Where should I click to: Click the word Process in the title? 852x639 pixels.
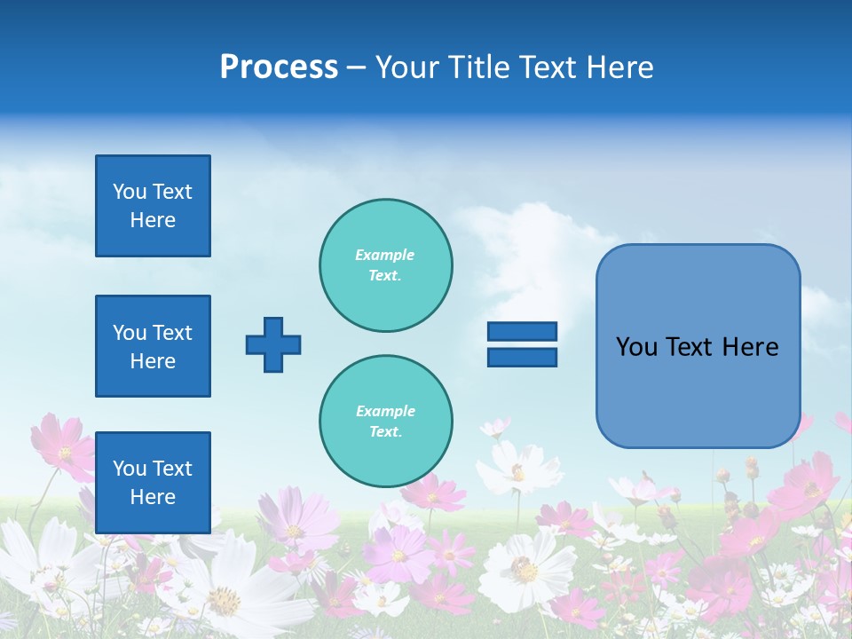[x=279, y=67]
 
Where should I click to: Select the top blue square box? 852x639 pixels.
[x=153, y=206]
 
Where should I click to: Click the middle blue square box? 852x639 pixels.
[x=153, y=346]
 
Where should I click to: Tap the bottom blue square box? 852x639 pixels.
[x=153, y=482]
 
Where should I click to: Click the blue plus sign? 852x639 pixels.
[x=273, y=344]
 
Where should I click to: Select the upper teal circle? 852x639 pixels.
[x=386, y=265]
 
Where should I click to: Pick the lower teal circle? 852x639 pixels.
[x=386, y=422]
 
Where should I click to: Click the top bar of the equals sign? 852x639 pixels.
[x=522, y=331]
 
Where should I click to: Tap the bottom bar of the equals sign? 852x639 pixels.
[x=522, y=357]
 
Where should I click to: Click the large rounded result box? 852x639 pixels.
[x=698, y=390]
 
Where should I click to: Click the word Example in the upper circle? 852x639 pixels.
[x=385, y=255]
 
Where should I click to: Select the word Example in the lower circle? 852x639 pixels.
[x=385, y=411]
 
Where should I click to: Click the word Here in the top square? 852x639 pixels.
[x=153, y=220]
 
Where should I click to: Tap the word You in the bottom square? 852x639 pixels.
[x=130, y=468]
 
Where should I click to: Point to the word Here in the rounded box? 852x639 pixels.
[x=750, y=347]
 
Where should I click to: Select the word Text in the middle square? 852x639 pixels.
[x=172, y=333]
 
